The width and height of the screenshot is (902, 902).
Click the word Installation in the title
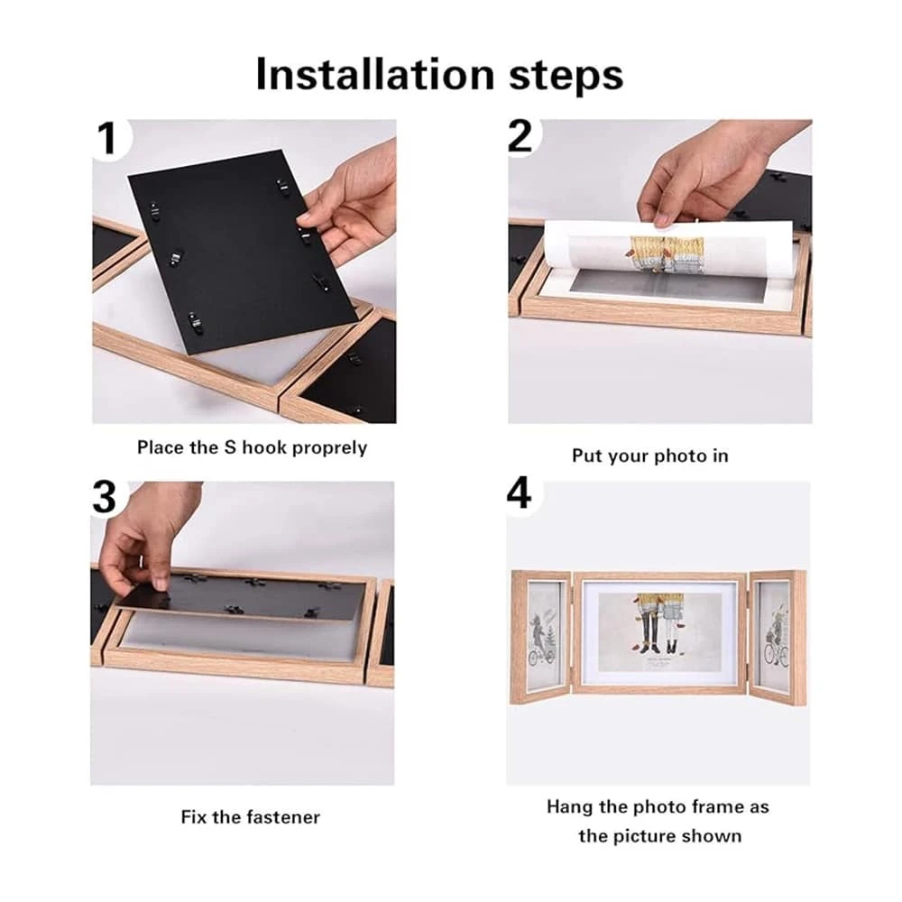[x=375, y=74]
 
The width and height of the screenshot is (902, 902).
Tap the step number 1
[x=107, y=139]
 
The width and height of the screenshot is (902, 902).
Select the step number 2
[x=520, y=136]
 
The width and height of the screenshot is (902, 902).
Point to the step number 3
[x=104, y=497]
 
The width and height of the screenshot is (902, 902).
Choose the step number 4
[x=519, y=493]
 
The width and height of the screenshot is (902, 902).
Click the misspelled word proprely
[x=329, y=448]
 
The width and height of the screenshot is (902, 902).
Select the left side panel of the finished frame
[x=540, y=639]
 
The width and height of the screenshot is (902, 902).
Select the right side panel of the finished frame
[x=776, y=639]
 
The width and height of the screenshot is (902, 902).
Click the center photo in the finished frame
[x=660, y=631]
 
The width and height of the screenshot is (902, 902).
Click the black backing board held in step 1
[x=242, y=253]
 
